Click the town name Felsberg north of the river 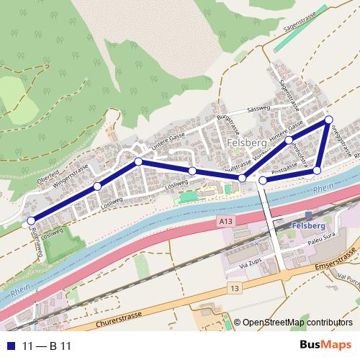pyautogui.click(x=246, y=143)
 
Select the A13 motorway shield pyautogui.click(x=226, y=224)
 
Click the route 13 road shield pyautogui.click(x=233, y=288)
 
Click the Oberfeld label pyautogui.click(x=48, y=179)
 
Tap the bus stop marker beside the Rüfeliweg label pyautogui.click(x=30, y=220)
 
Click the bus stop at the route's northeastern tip pyautogui.click(x=329, y=120)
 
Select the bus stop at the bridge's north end pyautogui.click(x=264, y=180)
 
